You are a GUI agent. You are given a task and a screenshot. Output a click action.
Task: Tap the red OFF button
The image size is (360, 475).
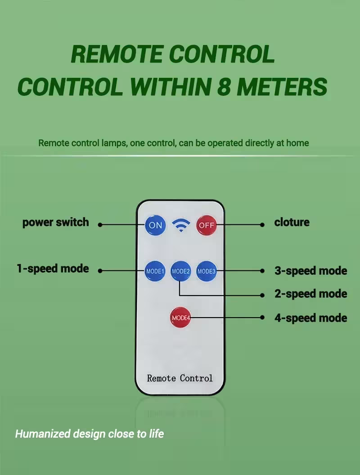207,225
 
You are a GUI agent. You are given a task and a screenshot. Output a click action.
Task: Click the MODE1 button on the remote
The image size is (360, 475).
155,271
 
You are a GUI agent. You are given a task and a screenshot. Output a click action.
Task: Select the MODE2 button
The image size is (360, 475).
180,271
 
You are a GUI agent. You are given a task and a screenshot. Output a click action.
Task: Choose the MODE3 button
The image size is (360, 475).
207,271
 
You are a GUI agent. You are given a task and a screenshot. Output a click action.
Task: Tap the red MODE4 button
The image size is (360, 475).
180,318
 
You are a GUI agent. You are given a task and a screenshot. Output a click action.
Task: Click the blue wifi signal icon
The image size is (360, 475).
181,225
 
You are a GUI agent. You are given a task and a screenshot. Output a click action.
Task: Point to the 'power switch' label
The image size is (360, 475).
56,223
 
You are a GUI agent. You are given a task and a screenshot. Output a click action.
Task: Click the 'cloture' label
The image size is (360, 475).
292,222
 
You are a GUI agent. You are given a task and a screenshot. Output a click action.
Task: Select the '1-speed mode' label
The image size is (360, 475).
53,269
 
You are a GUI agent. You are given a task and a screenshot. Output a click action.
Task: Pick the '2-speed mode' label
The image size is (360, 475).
311,294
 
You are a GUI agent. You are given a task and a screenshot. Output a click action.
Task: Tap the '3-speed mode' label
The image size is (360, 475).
311,271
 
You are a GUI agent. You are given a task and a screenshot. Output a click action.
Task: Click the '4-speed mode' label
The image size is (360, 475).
311,318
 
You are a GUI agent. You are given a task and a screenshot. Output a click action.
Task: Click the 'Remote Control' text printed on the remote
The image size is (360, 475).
180,378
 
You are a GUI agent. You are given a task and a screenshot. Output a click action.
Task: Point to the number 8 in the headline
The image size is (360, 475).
224,86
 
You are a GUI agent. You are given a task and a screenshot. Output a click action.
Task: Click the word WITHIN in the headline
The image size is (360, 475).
170,86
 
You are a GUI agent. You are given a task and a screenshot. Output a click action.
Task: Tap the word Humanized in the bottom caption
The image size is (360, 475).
43,434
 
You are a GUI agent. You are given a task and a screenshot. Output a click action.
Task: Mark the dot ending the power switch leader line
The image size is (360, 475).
100,225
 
